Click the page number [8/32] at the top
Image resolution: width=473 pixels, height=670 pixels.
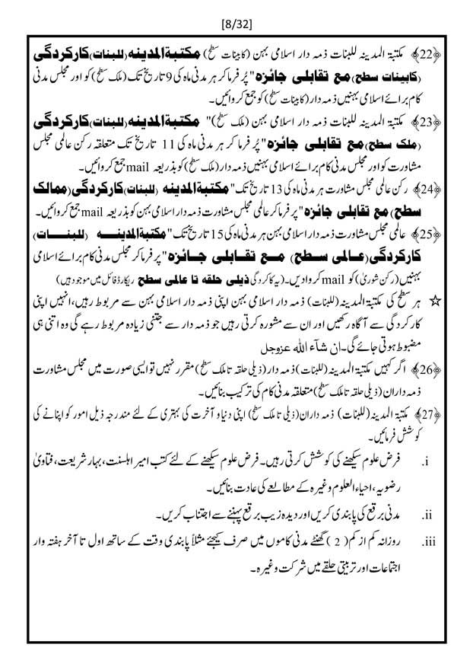[236, 14]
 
